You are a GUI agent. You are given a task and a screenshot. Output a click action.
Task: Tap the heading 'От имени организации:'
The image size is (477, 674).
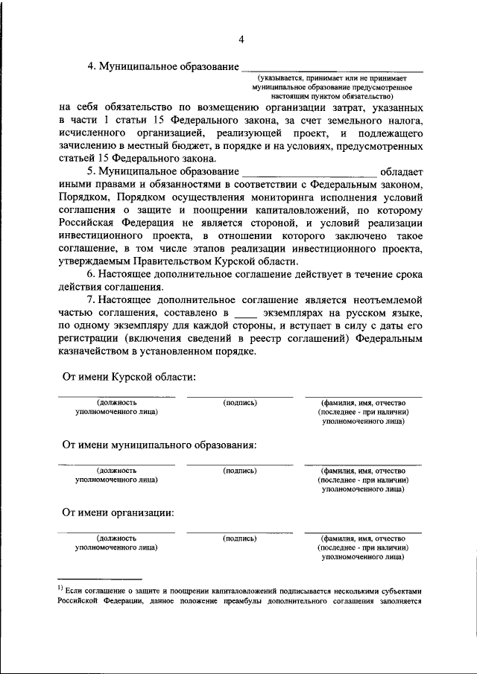pos(119,512)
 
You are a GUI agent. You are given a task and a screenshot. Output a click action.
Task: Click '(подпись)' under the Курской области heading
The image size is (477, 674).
pos(240,402)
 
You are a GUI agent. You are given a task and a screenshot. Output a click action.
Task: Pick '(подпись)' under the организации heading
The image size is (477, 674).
pos(240,537)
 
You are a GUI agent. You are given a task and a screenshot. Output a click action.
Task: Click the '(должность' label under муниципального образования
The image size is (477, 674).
pos(116,471)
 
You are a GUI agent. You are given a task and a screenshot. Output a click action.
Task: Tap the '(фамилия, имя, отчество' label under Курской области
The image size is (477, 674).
pos(363,402)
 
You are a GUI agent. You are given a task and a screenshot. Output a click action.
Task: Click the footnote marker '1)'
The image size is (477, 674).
pos(63,588)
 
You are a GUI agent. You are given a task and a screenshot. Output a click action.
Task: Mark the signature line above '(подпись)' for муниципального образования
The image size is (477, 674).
pos(240,465)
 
